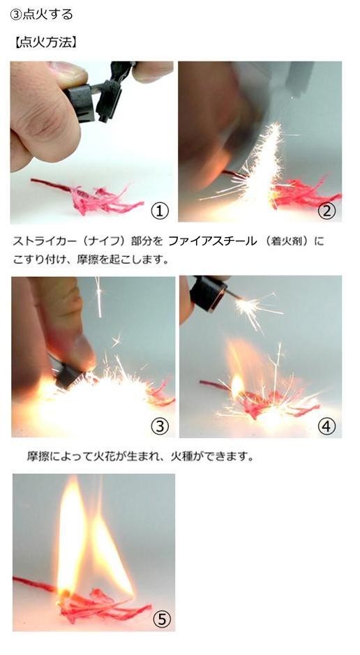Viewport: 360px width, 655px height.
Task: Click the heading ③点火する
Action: tap(41, 14)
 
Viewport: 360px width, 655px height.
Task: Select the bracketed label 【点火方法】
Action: tap(46, 43)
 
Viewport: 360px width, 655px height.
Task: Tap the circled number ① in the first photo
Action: tap(159, 211)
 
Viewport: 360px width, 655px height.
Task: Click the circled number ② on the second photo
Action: tap(327, 211)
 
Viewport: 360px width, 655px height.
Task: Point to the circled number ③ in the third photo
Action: tap(159, 426)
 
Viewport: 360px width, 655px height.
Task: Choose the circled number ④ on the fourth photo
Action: tap(327, 426)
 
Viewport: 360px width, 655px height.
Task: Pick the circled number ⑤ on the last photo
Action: tap(161, 619)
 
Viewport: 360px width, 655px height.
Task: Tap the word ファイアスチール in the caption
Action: tap(212, 241)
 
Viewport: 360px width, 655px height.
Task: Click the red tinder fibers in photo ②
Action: tap(304, 193)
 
